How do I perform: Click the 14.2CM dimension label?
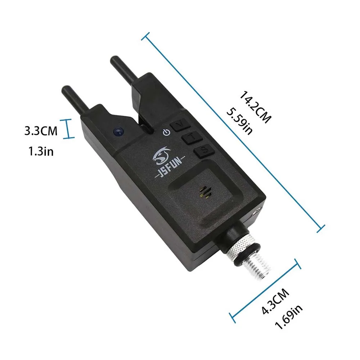(255, 107)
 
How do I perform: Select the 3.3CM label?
(41, 131)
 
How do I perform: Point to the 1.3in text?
(41, 152)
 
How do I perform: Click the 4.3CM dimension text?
(275, 301)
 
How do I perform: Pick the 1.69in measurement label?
(288, 317)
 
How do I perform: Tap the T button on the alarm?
(192, 138)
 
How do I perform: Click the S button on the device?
(204, 150)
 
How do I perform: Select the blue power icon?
(166, 132)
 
